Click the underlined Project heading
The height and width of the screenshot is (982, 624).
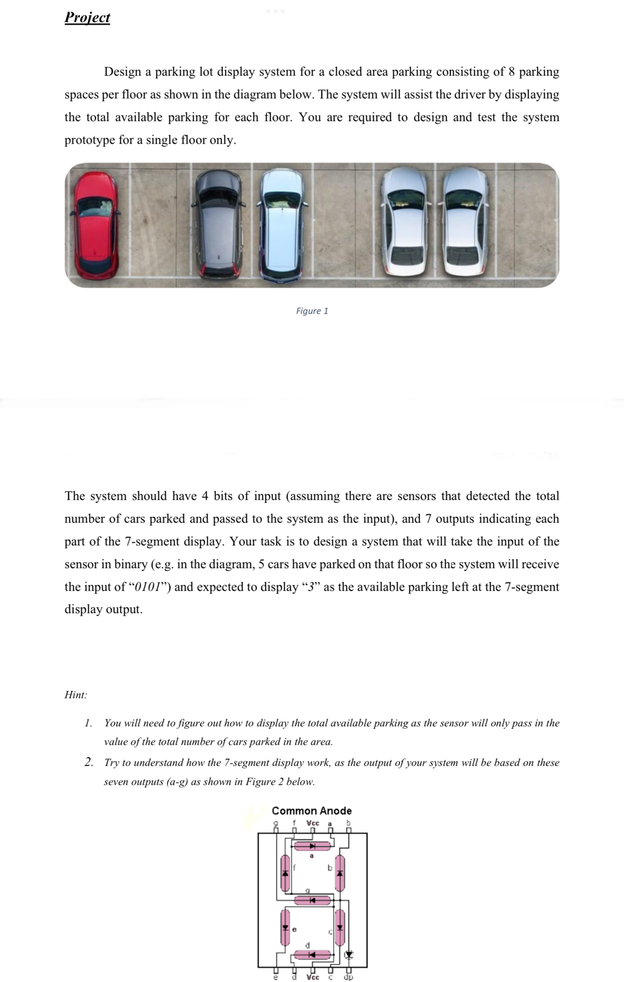pyautogui.click(x=87, y=17)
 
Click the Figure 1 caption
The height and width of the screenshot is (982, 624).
pyautogui.click(x=312, y=311)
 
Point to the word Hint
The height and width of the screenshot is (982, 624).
pyautogui.click(x=75, y=695)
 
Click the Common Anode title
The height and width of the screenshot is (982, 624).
pyautogui.click(x=312, y=811)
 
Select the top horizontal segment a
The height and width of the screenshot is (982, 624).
pyautogui.click(x=312, y=846)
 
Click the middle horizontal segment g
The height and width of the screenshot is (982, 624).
pyautogui.click(x=312, y=900)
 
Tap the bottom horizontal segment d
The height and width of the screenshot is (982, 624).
pyautogui.click(x=312, y=955)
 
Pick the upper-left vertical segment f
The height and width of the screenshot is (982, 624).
pyautogui.click(x=285, y=873)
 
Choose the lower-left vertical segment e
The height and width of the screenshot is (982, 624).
pyautogui.click(x=285, y=927)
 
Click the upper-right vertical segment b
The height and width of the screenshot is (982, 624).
pyautogui.click(x=340, y=873)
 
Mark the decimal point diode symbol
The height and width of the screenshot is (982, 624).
pyautogui.click(x=348, y=955)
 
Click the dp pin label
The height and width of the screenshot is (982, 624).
pyautogui.click(x=348, y=977)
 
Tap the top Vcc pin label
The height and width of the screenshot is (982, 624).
pyautogui.click(x=312, y=823)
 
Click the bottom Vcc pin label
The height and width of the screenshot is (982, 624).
pyautogui.click(x=312, y=977)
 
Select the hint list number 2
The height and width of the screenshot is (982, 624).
pyautogui.click(x=89, y=762)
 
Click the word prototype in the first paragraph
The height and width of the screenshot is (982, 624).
pyautogui.click(x=89, y=140)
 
